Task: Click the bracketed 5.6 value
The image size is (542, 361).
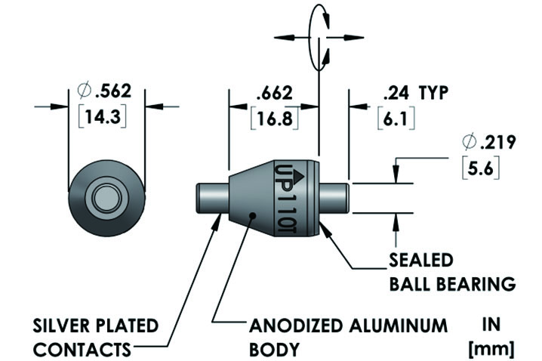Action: [480, 169]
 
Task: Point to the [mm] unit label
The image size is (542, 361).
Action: [491, 348]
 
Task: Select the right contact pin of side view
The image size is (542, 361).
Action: [334, 198]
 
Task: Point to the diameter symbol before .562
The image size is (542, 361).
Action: [85, 91]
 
